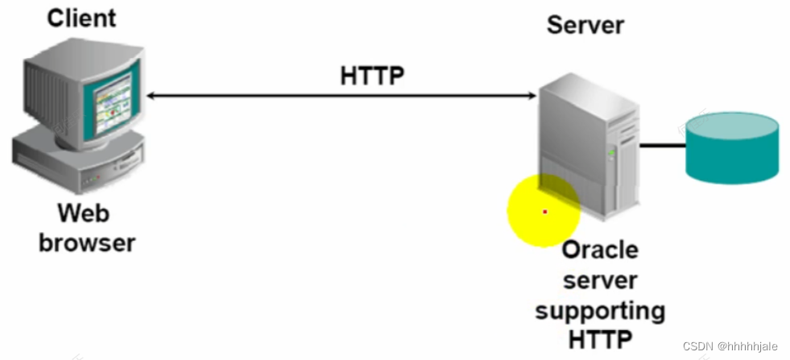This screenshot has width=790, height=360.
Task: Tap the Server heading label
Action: tap(585, 24)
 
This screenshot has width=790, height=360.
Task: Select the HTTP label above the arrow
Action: tap(372, 76)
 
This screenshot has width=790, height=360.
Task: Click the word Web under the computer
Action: tap(84, 213)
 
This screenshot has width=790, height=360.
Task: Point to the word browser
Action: tap(87, 242)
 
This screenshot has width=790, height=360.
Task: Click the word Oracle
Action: tap(600, 250)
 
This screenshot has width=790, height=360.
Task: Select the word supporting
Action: tap(600, 310)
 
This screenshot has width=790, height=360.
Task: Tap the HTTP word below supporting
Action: tap(600, 339)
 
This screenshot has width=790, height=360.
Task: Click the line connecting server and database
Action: tap(661, 146)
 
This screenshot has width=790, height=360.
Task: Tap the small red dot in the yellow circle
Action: tap(545, 212)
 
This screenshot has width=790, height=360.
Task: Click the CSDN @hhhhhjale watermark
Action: tap(730, 346)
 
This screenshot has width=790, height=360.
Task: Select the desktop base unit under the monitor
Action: tap(77, 165)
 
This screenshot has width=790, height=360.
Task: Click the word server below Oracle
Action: tap(600, 280)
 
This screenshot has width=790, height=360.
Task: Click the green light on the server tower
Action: tap(611, 151)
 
